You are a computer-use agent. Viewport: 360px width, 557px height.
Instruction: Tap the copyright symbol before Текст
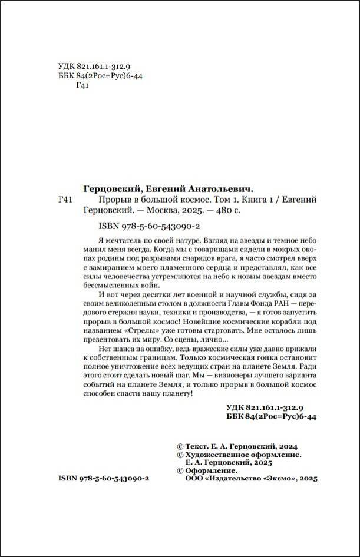click(180, 447)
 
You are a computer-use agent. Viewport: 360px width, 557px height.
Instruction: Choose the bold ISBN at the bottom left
click(104, 479)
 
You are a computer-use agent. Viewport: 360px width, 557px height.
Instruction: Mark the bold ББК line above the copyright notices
click(272, 416)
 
